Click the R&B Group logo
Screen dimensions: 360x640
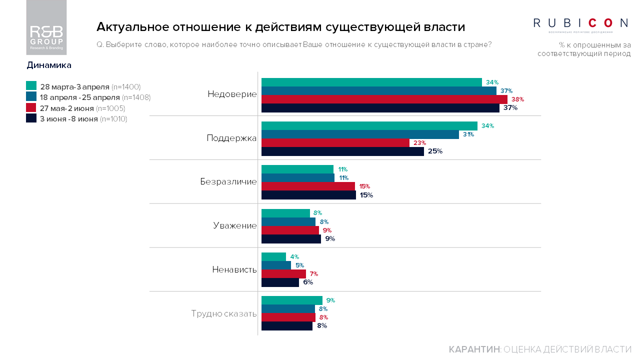click(x=46, y=28)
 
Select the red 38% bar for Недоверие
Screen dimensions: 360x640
click(x=384, y=99)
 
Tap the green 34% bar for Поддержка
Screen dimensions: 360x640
click(x=369, y=126)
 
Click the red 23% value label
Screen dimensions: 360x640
click(x=419, y=143)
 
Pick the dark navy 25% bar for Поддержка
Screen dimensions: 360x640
click(x=342, y=151)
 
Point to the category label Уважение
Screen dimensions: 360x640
click(x=235, y=225)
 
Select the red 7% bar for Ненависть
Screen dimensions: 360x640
click(x=283, y=274)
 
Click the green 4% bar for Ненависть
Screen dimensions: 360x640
click(x=273, y=257)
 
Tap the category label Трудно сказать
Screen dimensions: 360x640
click(x=223, y=314)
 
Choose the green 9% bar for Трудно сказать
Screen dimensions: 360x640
click(x=292, y=300)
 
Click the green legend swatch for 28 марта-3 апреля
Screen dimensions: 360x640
click(x=31, y=86)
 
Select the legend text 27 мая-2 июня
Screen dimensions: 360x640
click(x=66, y=108)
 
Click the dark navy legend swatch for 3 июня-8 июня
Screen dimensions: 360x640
click(x=31, y=118)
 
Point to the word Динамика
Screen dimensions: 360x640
click(x=49, y=65)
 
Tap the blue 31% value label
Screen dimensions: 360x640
click(x=468, y=134)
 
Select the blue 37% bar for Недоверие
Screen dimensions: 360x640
click(x=378, y=90)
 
